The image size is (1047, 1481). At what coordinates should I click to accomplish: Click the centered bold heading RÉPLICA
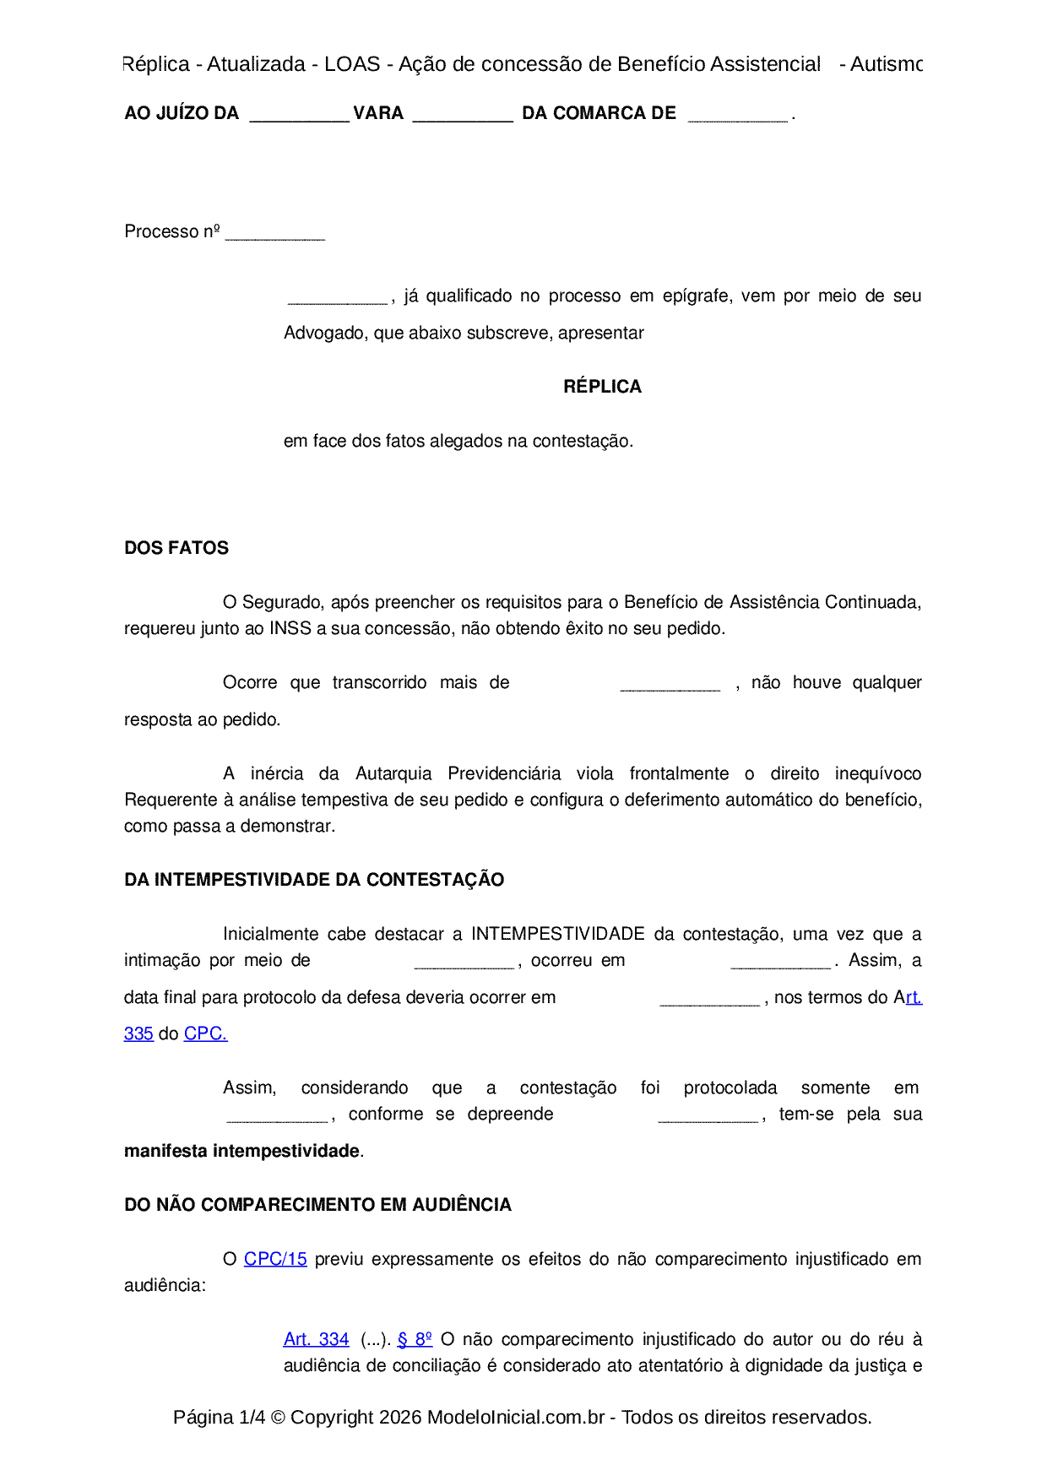pyautogui.click(x=602, y=387)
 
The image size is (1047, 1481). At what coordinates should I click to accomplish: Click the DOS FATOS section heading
pyautogui.click(x=176, y=548)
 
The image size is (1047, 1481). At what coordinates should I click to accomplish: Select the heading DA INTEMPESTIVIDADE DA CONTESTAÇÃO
pyautogui.click(x=314, y=880)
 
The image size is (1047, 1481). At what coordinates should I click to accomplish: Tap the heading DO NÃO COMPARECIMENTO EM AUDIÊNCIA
pyautogui.click(x=317, y=1205)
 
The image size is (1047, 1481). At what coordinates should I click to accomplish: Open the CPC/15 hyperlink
pyautogui.click(x=275, y=1259)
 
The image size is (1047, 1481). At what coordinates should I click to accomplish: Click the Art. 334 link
pyautogui.click(x=316, y=1339)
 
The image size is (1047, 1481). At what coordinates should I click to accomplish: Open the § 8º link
pyautogui.click(x=415, y=1339)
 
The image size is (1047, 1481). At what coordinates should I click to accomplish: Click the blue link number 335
pyautogui.click(x=138, y=1033)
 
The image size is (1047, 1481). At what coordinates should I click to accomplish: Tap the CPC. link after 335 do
pyautogui.click(x=205, y=1033)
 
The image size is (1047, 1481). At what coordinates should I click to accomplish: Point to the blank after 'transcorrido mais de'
pyautogui.click(x=670, y=686)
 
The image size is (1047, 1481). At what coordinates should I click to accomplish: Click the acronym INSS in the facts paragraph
pyautogui.click(x=290, y=628)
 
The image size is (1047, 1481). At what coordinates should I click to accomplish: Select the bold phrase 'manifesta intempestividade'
pyautogui.click(x=241, y=1151)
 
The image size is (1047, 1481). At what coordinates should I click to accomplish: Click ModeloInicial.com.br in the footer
pyautogui.click(x=516, y=1417)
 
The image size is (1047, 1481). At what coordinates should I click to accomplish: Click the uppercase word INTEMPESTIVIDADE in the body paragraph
pyautogui.click(x=558, y=934)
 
